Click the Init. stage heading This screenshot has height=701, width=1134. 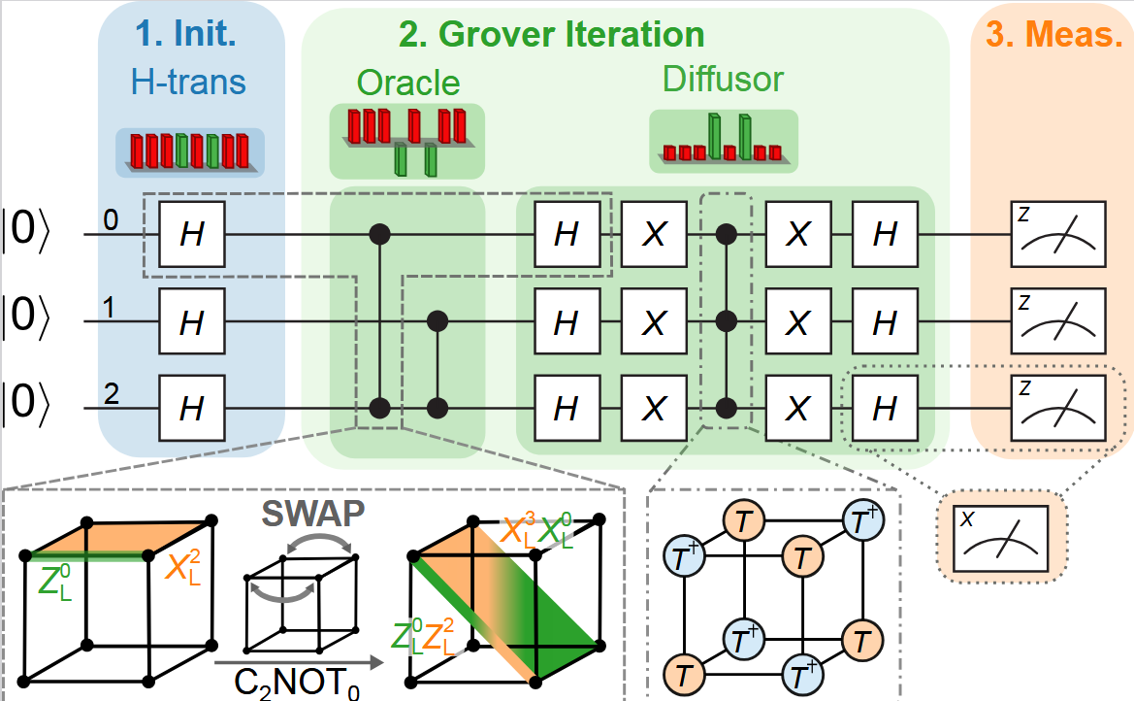(191, 36)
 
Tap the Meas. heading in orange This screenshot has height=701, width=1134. (1052, 36)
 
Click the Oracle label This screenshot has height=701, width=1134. (406, 83)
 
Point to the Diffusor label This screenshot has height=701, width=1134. (723, 80)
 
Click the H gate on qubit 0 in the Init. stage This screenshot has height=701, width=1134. (192, 235)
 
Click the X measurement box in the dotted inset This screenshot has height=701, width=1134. (999, 538)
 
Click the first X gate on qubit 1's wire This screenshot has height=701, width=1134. (655, 321)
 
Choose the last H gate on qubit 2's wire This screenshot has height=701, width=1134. (884, 408)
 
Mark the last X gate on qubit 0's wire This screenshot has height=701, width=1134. (797, 235)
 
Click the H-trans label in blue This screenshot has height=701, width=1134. (190, 83)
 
